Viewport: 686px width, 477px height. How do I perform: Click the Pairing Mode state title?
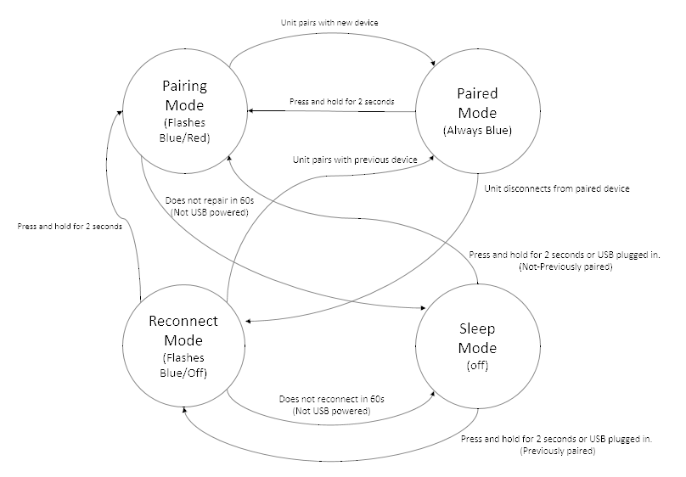tap(184, 95)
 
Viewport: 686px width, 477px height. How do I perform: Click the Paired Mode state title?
tap(477, 104)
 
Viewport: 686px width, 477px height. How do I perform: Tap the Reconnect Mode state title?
tap(183, 330)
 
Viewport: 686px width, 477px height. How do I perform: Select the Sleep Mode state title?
tap(477, 338)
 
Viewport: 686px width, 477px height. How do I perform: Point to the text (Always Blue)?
tap(477, 131)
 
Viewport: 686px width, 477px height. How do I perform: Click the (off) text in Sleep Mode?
tap(477, 365)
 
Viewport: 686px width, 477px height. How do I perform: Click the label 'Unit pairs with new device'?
tap(329, 22)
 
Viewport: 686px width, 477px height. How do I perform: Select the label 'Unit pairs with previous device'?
tap(355, 160)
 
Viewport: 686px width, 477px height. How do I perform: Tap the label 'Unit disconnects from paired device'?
tap(557, 188)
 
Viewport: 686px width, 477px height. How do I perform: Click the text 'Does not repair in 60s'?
tap(210, 200)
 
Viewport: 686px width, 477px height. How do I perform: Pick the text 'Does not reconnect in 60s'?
tap(332, 399)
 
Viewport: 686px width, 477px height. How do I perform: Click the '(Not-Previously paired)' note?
tap(565, 267)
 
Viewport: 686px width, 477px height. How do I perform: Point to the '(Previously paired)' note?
tap(557, 451)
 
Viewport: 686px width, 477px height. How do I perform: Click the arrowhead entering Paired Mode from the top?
tap(433, 64)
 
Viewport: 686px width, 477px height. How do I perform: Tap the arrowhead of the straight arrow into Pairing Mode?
tap(250, 110)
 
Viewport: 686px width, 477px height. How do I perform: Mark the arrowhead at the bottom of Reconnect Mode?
tap(184, 410)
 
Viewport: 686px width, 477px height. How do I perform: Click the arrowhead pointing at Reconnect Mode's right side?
tap(248, 322)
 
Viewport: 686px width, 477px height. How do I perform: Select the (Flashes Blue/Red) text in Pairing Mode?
tap(184, 131)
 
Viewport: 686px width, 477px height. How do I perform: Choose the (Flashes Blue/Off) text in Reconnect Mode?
tap(183, 365)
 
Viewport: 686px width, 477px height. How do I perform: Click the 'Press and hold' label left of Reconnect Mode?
tap(70, 226)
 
